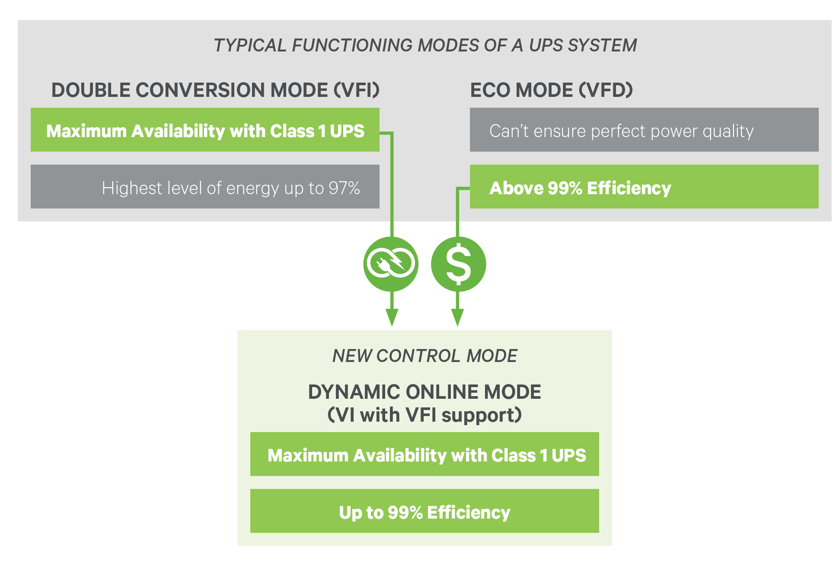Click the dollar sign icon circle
[458, 264]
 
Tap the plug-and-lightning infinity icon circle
[391, 264]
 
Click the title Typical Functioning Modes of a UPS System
[425, 45]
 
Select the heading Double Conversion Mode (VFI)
[215, 90]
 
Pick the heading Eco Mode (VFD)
[551, 90]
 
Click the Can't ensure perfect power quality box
[644, 130]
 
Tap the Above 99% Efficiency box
[644, 186]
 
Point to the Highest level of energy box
[205, 186]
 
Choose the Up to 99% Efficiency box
[424, 511]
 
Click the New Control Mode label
[424, 356]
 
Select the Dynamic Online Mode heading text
[424, 392]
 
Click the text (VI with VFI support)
[424, 415]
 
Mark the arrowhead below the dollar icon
[458, 318]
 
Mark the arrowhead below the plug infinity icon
[392, 318]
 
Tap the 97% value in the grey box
[344, 188]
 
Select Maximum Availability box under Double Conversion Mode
[205, 130]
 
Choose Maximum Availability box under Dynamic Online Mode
[424, 454]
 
